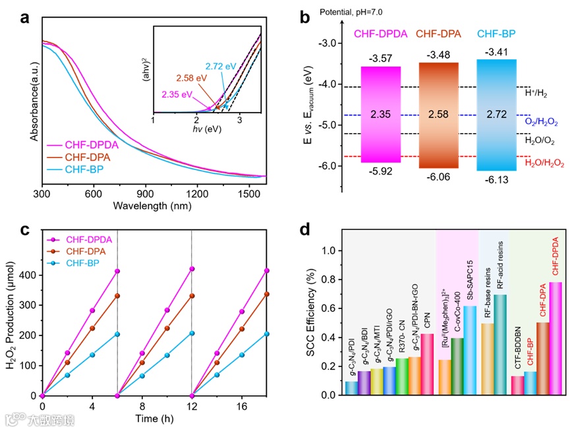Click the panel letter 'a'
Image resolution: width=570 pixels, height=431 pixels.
click(24, 18)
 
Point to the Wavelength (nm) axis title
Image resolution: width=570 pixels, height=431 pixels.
click(154, 207)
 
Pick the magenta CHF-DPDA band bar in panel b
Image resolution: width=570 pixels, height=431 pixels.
click(381, 114)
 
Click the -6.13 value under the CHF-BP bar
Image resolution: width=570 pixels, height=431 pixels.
click(496, 180)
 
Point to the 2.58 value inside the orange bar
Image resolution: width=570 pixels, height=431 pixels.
click(438, 115)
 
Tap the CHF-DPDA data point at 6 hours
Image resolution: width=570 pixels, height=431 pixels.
click(117, 272)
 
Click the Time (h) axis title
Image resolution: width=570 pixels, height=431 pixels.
click(154, 421)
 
